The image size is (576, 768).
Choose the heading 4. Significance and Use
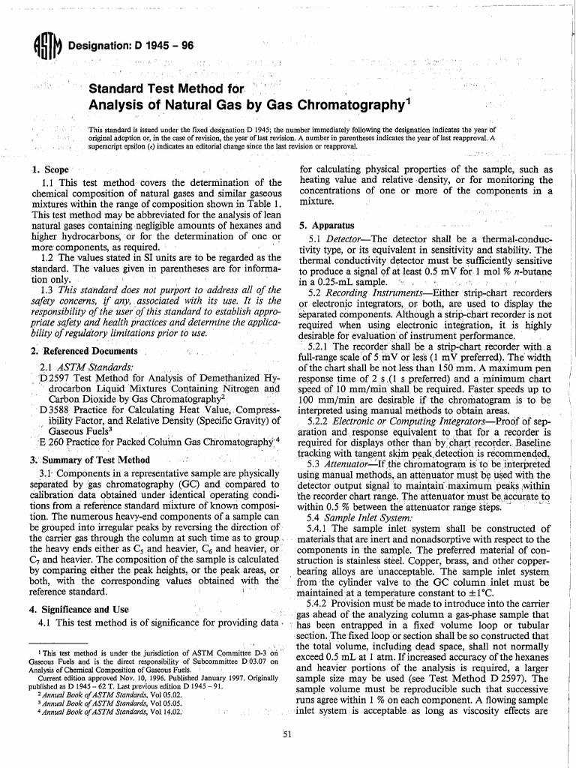click(x=83, y=609)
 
